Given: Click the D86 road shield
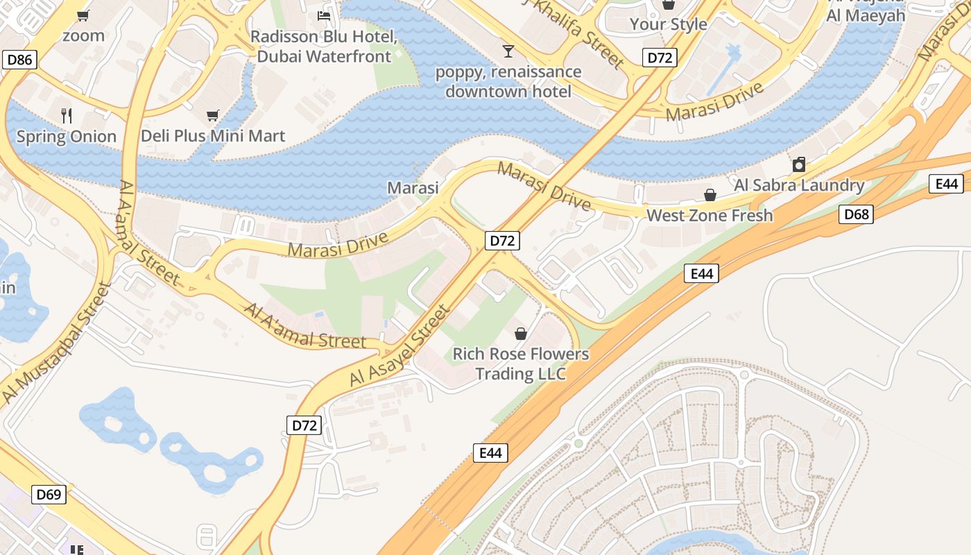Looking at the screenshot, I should click(x=19, y=60).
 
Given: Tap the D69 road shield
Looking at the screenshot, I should click(x=49, y=495).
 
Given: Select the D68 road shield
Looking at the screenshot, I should click(x=856, y=214).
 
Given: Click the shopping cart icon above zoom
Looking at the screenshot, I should click(x=83, y=15).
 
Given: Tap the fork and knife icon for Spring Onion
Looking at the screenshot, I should click(x=67, y=115).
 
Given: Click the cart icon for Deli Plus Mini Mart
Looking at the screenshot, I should click(x=212, y=115).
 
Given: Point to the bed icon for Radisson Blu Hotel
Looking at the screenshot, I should click(x=324, y=15).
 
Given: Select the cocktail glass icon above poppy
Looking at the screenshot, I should click(x=509, y=51).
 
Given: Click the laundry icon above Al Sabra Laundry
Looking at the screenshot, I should click(x=799, y=164).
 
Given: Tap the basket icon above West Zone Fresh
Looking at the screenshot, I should click(x=710, y=195).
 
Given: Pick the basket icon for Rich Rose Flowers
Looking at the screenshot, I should click(x=521, y=334).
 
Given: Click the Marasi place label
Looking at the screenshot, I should click(x=413, y=188).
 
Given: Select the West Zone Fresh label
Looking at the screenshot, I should click(x=710, y=216).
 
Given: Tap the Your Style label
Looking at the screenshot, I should click(x=668, y=24).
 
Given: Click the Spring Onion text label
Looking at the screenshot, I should click(x=67, y=136).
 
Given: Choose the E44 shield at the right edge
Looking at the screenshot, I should click(x=946, y=184).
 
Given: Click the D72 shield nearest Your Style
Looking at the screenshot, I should click(x=659, y=58).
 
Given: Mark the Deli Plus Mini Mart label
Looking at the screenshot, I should click(x=213, y=136).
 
